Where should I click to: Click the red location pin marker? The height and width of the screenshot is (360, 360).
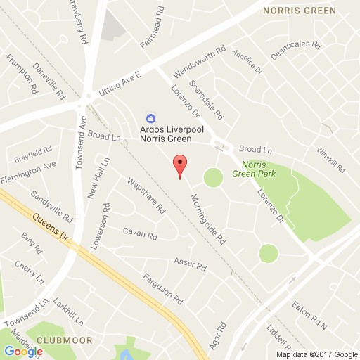pos(180,165)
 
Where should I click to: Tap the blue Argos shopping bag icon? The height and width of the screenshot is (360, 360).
pos(150,118)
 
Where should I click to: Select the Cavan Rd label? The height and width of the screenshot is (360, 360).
pos(139,231)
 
